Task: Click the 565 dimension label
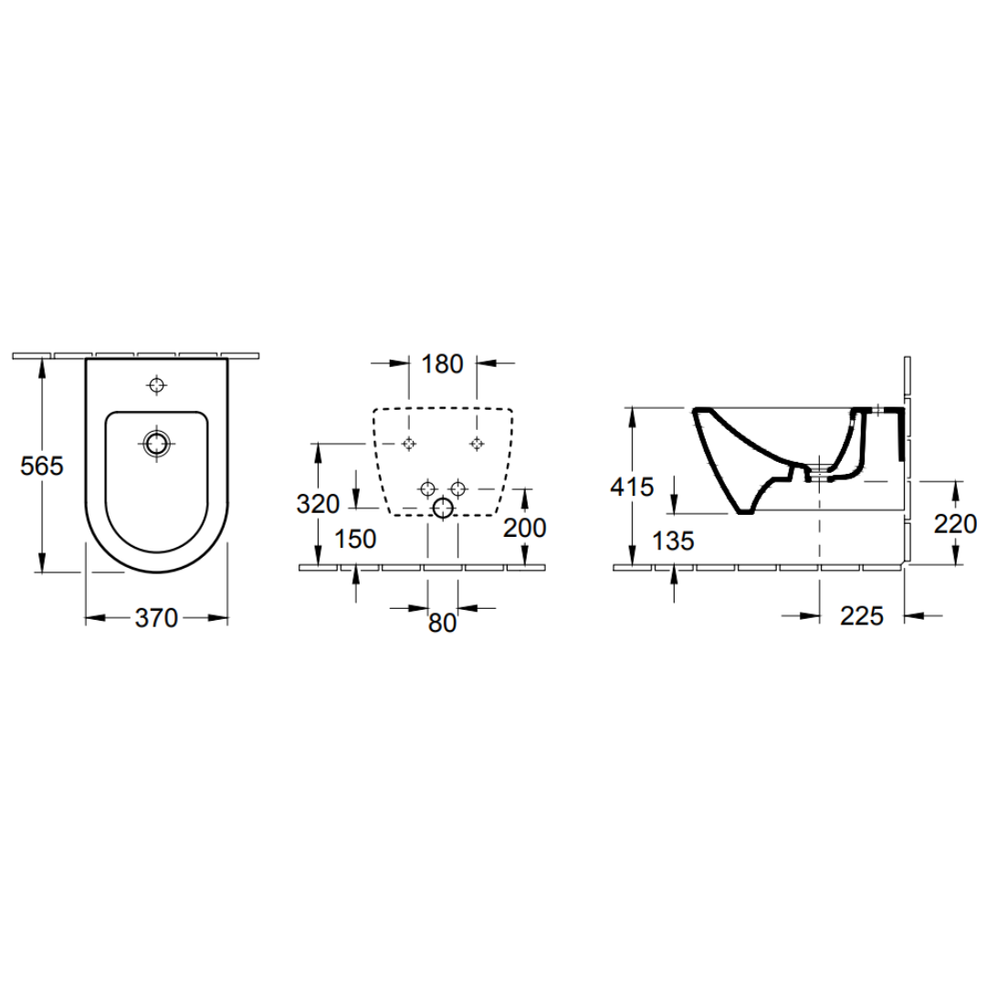tap(42, 466)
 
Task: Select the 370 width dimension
tap(157, 618)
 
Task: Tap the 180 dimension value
tap(442, 364)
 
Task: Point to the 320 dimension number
tap(318, 504)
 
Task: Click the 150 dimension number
tap(355, 539)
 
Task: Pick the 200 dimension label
tap(524, 528)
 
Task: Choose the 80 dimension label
tap(442, 623)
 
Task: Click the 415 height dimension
tap(632, 487)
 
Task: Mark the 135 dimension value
tap(673, 540)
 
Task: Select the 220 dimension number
tap(955, 523)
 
